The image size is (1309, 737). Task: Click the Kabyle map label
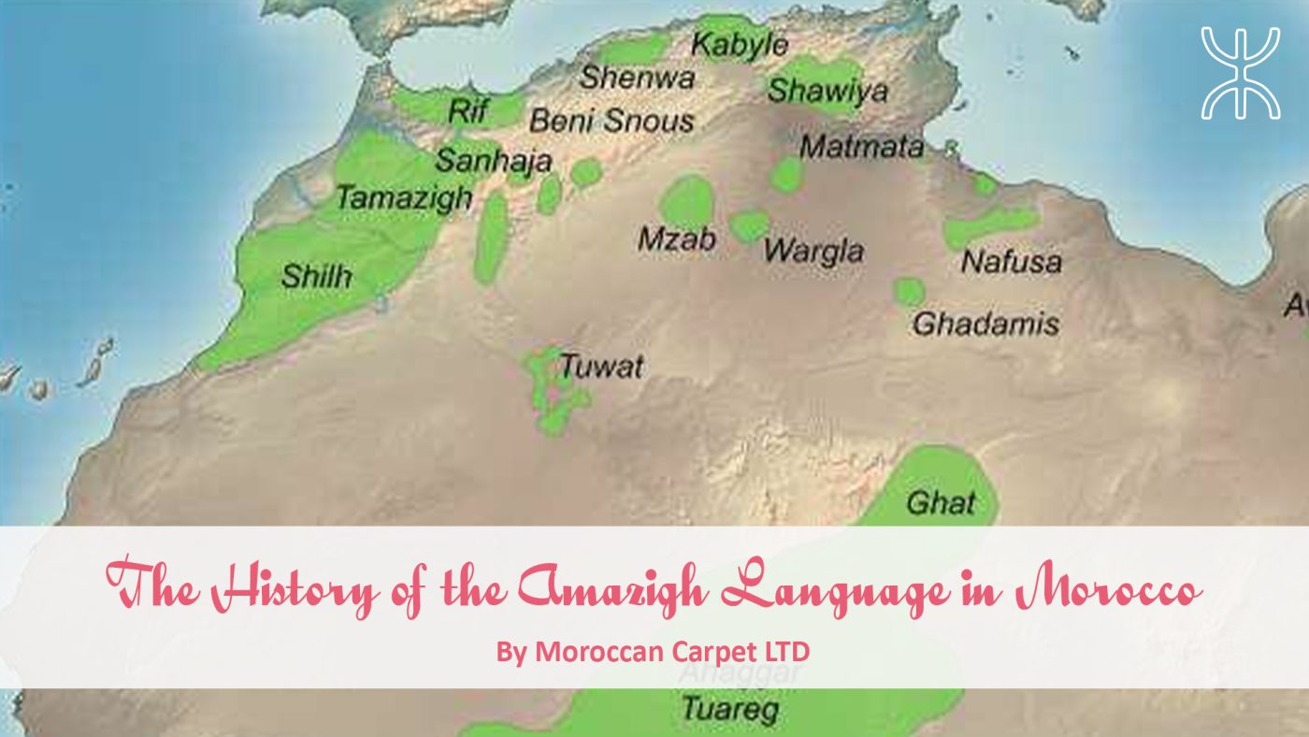pyautogui.click(x=740, y=45)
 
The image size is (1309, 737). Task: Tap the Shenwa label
pyautogui.click(x=637, y=79)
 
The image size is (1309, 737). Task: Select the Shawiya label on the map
pyautogui.click(x=827, y=92)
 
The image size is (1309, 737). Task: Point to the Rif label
pyautogui.click(x=468, y=111)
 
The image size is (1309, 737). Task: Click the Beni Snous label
pyautogui.click(x=611, y=121)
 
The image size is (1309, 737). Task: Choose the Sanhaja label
pyautogui.click(x=493, y=161)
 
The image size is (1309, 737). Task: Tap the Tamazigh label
pyautogui.click(x=404, y=198)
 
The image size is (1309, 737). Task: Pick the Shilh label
pyautogui.click(x=317, y=276)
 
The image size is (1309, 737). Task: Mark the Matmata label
pyautogui.click(x=861, y=147)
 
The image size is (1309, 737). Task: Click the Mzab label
pyautogui.click(x=677, y=240)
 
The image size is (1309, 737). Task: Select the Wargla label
pyautogui.click(x=813, y=252)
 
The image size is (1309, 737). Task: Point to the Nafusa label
pyautogui.click(x=1012, y=262)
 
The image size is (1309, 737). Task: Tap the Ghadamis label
pyautogui.click(x=985, y=324)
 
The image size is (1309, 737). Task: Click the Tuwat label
pyautogui.click(x=601, y=366)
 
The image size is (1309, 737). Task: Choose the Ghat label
pyautogui.click(x=940, y=503)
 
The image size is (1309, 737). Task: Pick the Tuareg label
pyautogui.click(x=730, y=708)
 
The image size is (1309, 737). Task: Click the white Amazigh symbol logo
pyautogui.click(x=1240, y=73)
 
